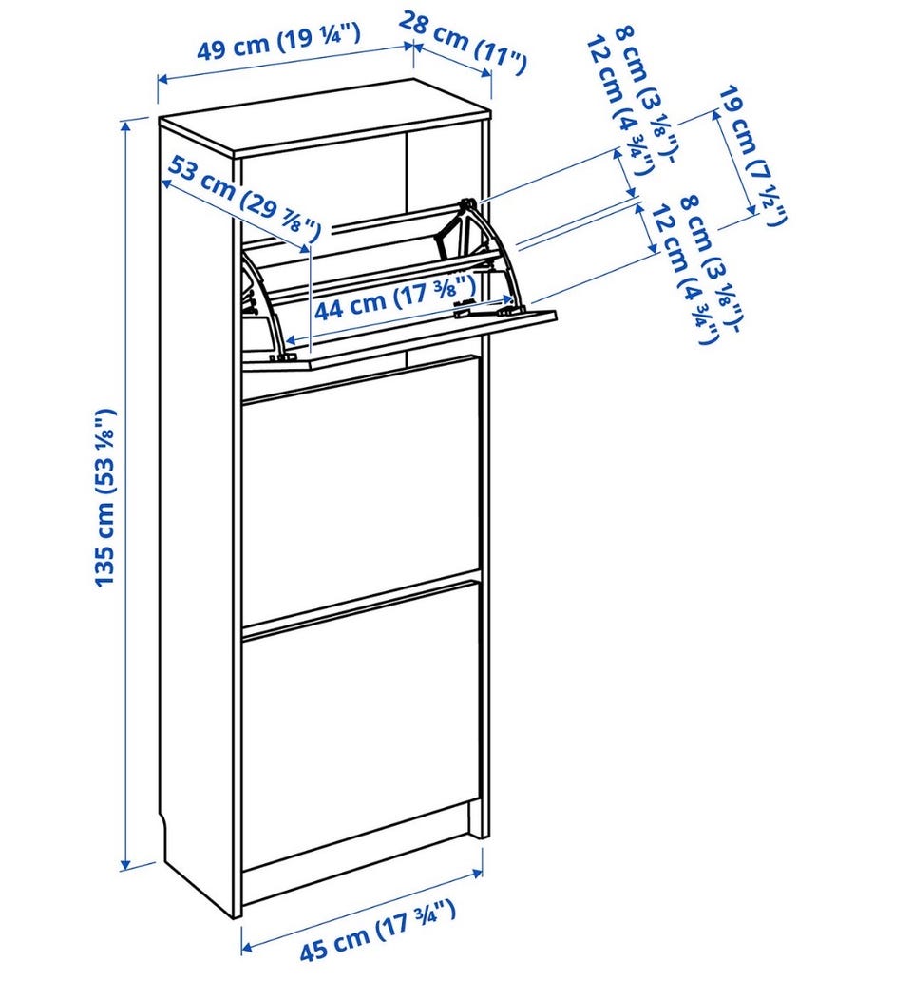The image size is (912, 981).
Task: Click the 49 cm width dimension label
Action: point(278,41)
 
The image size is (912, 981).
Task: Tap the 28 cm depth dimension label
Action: point(463,41)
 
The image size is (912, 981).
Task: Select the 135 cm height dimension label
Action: point(105,497)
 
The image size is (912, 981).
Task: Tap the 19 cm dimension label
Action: point(752,155)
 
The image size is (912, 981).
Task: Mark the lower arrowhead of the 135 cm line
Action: point(125,864)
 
